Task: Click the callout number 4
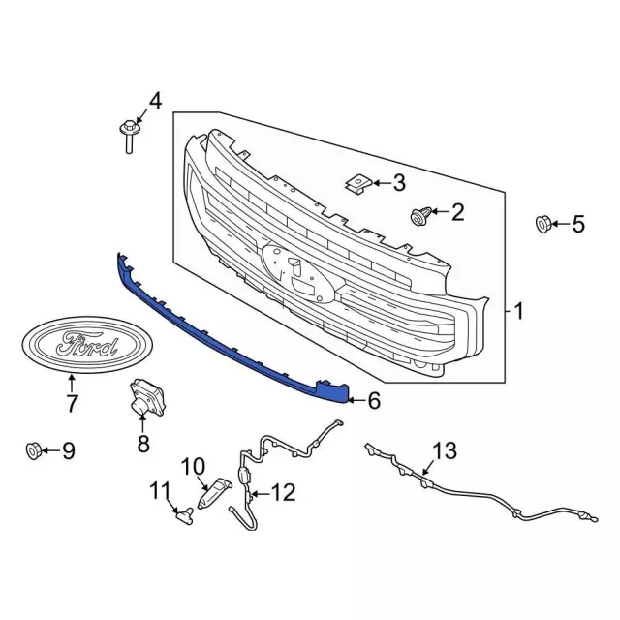[155, 101]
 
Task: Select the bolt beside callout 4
[129, 137]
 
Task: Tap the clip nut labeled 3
[358, 184]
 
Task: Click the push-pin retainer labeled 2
[420, 215]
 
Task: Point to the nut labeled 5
[543, 224]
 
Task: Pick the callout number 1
[518, 311]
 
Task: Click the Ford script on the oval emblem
[87, 345]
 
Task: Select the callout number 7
[72, 403]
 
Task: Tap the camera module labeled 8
[146, 397]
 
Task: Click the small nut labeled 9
[33, 450]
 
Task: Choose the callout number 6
[374, 400]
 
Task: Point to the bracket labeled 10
[213, 493]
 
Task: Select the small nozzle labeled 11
[185, 515]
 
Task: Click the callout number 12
[283, 493]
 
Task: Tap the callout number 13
[445, 450]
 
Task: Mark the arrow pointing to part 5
[561, 224]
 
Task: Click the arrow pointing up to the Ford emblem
[71, 384]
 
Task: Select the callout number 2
[458, 212]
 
